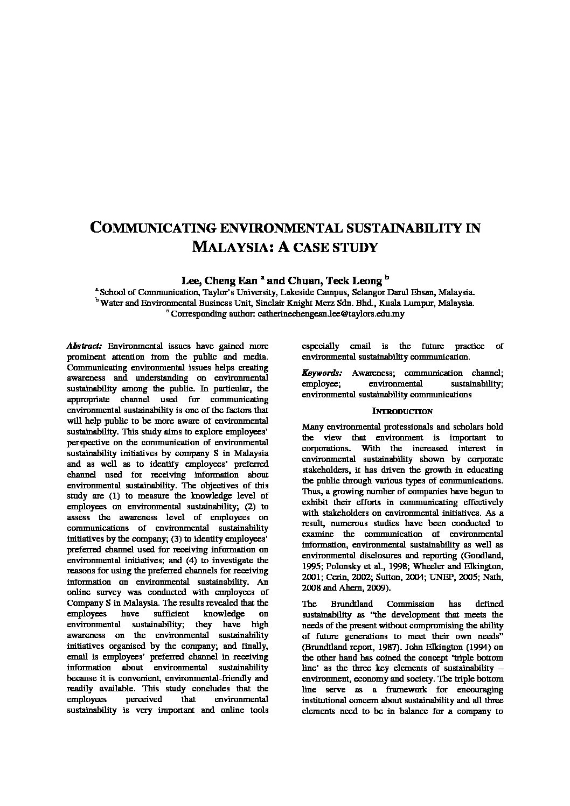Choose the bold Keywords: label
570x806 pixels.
pyautogui.click(x=322, y=373)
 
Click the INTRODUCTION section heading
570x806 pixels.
pyautogui.click(x=402, y=411)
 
